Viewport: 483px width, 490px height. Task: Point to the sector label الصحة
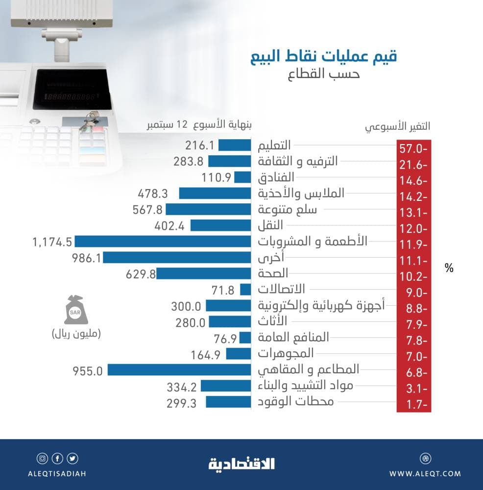[273, 273]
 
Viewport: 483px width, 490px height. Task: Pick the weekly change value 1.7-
[413, 405]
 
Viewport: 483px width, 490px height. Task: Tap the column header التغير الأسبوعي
[397, 126]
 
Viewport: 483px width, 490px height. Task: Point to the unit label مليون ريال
[76, 335]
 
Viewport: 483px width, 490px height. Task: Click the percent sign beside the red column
[449, 268]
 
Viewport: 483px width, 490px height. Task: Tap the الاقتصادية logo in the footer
[241, 463]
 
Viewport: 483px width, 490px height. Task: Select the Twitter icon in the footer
[73, 459]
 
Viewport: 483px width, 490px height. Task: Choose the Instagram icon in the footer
[43, 459]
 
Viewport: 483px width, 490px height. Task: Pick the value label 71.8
[223, 290]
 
